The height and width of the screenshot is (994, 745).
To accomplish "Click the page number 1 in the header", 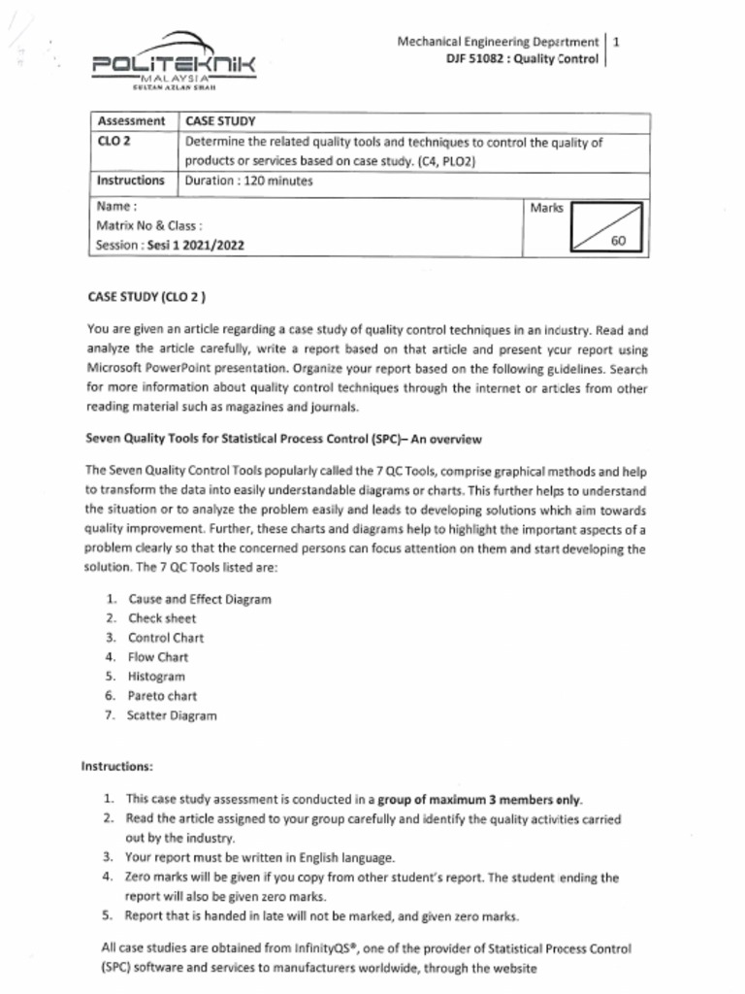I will (617, 42).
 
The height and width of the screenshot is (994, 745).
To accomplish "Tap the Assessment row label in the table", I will (131, 121).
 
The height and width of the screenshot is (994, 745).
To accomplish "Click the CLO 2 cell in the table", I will (113, 142).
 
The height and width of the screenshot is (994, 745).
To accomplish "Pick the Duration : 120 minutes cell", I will (248, 182).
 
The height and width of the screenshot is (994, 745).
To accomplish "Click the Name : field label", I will (117, 207).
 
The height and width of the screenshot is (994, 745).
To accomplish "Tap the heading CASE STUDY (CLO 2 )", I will (146, 297).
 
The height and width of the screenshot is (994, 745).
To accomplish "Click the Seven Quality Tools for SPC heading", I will (283, 439).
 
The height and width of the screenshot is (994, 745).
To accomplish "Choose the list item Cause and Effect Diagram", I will (199, 599).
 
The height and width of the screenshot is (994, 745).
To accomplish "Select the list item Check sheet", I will (161, 618).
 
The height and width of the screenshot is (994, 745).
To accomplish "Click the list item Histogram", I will (156, 677).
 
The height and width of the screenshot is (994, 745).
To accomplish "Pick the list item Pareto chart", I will (162, 696).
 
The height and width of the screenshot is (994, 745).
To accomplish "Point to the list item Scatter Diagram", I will (172, 716).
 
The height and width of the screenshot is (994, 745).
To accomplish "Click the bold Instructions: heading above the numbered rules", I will (117, 767).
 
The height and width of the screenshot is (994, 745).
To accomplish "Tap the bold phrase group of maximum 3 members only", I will (479, 800).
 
